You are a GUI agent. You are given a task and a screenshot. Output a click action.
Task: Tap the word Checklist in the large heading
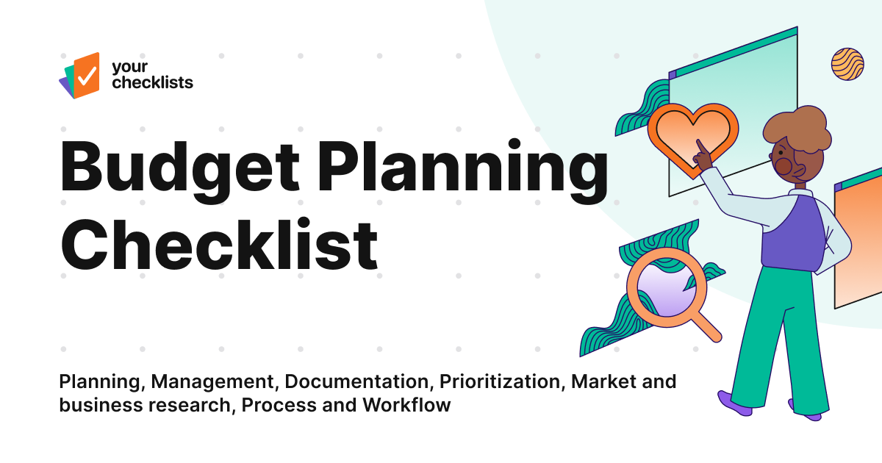pos(218,242)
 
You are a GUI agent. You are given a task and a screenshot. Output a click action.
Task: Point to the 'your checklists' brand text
pos(151,75)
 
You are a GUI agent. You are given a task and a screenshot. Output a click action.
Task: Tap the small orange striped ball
pos(847,64)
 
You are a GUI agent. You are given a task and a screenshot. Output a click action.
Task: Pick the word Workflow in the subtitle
pos(406,405)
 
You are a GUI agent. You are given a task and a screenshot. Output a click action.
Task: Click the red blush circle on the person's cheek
pos(784,167)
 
